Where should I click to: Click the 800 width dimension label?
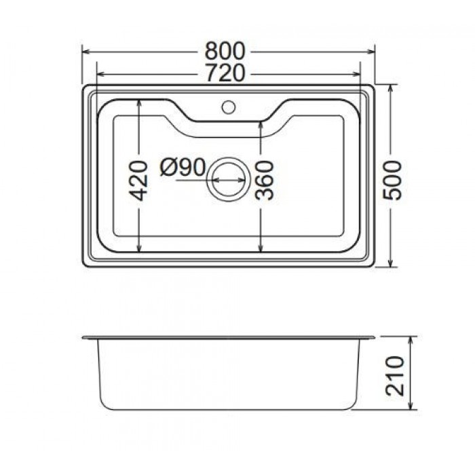pos(225,51)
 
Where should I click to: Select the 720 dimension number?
pos(225,73)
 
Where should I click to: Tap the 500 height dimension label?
pos(392,180)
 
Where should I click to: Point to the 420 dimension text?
pos(138,180)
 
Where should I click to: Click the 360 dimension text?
pos(265,180)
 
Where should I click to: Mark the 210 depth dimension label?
pos(395,376)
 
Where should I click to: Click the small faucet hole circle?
pos(229,107)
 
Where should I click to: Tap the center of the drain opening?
pos(229,180)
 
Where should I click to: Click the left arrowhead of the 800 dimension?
pos(85,52)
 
